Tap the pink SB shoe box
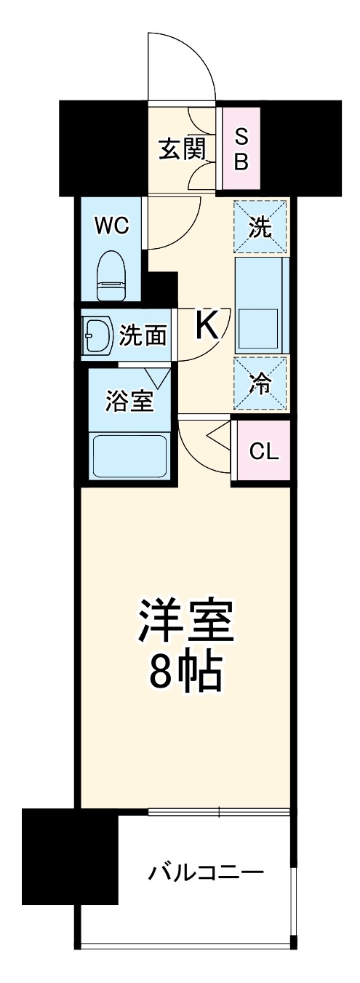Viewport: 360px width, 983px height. point(241,148)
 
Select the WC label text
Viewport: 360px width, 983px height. point(112,226)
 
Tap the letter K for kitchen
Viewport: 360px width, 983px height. point(207,326)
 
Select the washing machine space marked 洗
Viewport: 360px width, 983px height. point(260,227)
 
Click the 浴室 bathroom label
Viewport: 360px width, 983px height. point(130,402)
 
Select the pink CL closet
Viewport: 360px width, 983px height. point(263,451)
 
